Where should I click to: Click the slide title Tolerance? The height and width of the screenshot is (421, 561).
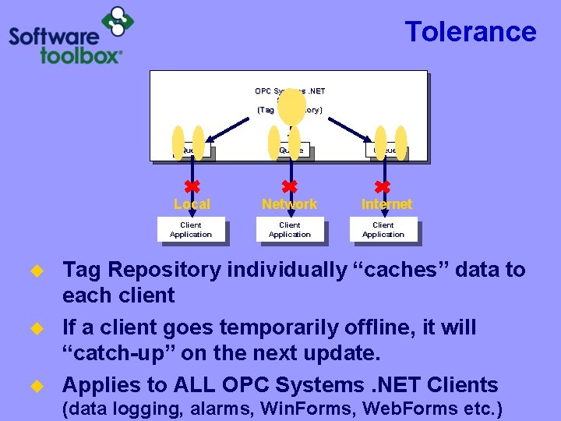[471, 32]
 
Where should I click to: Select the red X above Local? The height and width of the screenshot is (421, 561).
[192, 186]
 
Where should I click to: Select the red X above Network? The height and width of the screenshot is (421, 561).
[289, 186]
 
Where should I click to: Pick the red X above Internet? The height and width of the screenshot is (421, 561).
[383, 186]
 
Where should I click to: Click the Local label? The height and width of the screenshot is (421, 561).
[192, 204]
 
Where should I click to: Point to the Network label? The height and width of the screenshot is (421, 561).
[289, 204]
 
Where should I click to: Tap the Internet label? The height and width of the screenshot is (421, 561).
[386, 204]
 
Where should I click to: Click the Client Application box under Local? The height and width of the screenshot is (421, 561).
[191, 230]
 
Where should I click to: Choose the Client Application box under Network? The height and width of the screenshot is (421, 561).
[289, 230]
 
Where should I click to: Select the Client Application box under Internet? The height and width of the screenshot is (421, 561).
[383, 230]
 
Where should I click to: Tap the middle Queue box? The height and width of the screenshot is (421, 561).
[291, 150]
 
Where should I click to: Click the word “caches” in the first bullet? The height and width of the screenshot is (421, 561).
[393, 270]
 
